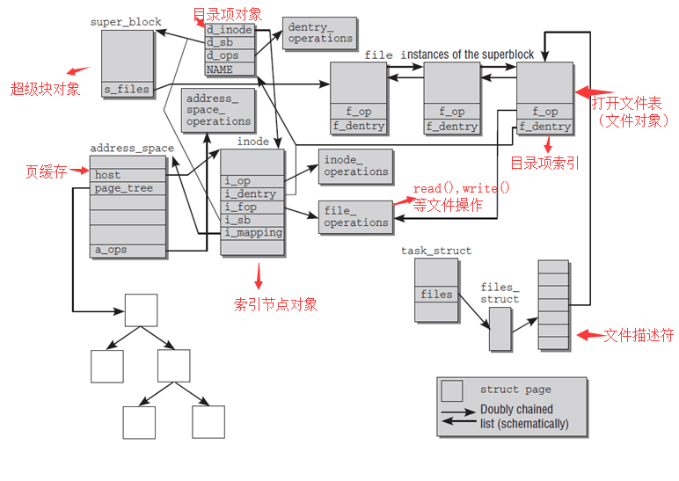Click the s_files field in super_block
tap(128, 90)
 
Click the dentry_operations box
tap(320, 33)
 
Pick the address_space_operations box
tap(218, 110)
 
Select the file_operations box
tap(355, 217)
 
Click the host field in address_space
tap(127, 175)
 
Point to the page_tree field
tap(127, 188)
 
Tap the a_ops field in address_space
tap(127, 250)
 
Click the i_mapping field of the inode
tap(252, 233)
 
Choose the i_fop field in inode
tap(252, 207)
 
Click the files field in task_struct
tap(436, 295)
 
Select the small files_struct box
tap(500, 329)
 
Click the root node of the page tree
tap(141, 310)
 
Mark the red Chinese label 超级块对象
tap(45, 89)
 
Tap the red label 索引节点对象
tap(275, 304)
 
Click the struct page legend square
tap(452, 391)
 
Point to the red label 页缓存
tap(46, 172)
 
